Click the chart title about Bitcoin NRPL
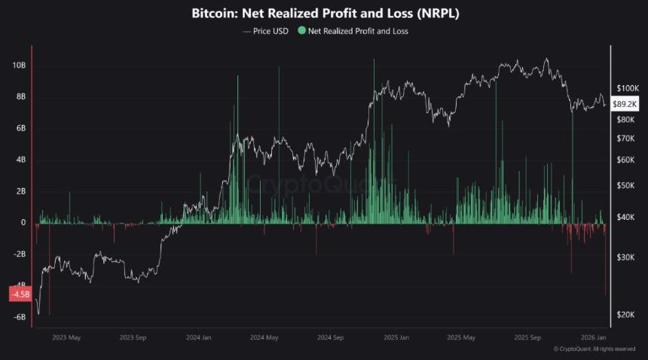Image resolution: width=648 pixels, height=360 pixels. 324,14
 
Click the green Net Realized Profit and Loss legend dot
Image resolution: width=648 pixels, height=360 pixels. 302,31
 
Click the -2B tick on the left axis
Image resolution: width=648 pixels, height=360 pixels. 20,255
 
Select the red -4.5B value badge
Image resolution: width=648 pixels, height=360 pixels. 19,294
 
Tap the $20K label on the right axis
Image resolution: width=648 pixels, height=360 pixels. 625,315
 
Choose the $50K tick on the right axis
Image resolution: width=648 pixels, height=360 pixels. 625,185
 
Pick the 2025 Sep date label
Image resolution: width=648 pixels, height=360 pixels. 527,337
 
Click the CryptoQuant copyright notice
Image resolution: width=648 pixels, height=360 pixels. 594,349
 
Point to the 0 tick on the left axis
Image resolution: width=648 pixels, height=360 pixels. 23,223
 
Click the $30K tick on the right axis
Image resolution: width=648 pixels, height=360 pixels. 625,258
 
